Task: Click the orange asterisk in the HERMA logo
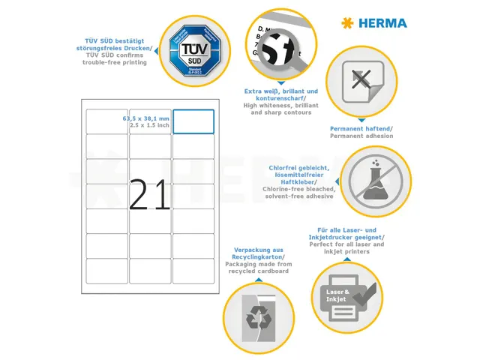[x=346, y=23]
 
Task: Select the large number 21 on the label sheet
[x=150, y=195]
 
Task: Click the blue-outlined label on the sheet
[x=193, y=121]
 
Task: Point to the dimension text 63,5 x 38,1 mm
[x=146, y=118]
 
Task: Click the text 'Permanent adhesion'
[x=361, y=136]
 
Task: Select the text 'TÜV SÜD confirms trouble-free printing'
[x=115, y=58]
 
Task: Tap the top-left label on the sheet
[x=106, y=121]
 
